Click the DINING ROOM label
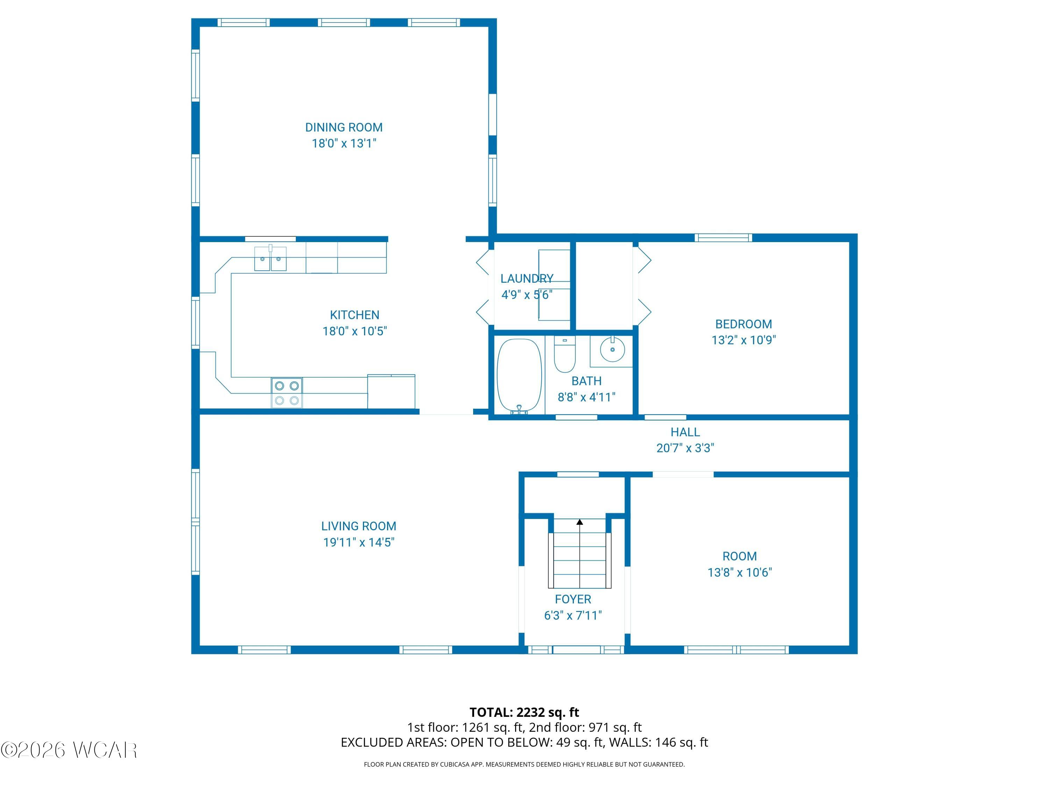344,128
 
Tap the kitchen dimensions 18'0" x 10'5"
355,331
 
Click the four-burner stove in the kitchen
287,393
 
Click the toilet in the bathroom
565,354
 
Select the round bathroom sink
612,350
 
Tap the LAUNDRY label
527,278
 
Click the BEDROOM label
744,324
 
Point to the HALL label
685,432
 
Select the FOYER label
573,599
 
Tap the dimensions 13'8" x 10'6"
740,572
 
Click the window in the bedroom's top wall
723,237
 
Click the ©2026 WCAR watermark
69,750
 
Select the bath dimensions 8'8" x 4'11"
587,397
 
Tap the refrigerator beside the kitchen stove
391,391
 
